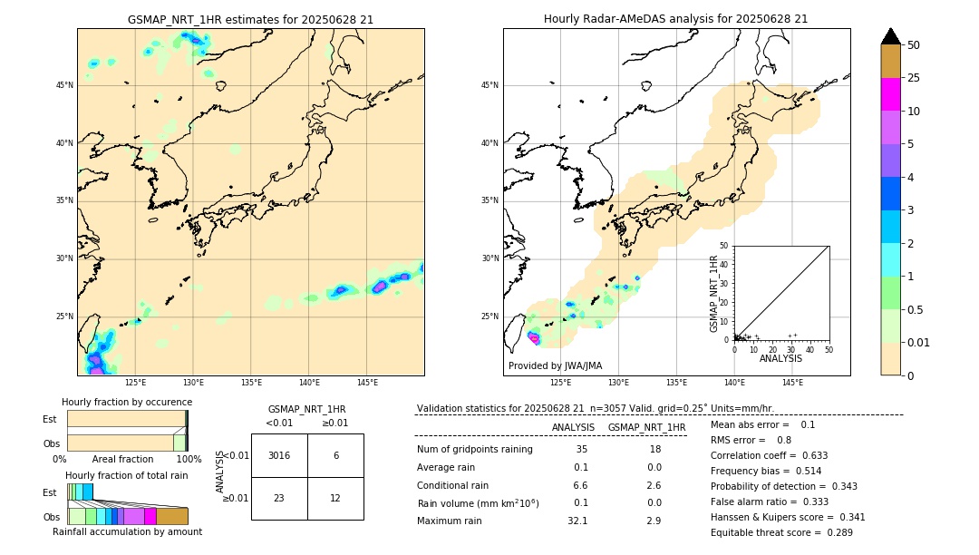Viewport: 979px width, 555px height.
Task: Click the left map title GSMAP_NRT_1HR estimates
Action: coord(250,19)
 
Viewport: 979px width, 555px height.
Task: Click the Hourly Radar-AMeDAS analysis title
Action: coord(675,19)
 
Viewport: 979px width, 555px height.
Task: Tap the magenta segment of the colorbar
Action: coord(890,94)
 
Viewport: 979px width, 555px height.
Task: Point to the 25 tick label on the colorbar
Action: coord(914,78)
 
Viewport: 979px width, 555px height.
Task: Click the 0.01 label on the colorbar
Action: coord(919,342)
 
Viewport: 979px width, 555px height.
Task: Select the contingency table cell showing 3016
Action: coord(279,455)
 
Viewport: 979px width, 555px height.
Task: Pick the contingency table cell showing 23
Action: coord(279,498)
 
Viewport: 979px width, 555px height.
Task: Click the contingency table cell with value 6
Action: coord(335,455)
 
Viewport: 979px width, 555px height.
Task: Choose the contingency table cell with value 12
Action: coord(335,498)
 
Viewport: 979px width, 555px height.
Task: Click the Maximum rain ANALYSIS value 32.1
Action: coord(577,521)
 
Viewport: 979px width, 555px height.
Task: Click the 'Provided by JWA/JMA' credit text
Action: coord(555,365)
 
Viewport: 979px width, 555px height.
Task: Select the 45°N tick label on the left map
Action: coord(64,85)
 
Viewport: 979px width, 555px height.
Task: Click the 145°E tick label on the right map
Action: coord(792,383)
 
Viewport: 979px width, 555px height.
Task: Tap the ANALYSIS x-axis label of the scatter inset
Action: coord(780,358)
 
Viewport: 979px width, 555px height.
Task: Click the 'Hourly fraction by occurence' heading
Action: coord(127,402)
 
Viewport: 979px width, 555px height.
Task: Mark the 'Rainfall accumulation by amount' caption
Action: coord(127,531)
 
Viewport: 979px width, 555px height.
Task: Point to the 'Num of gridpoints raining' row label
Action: coord(474,449)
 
